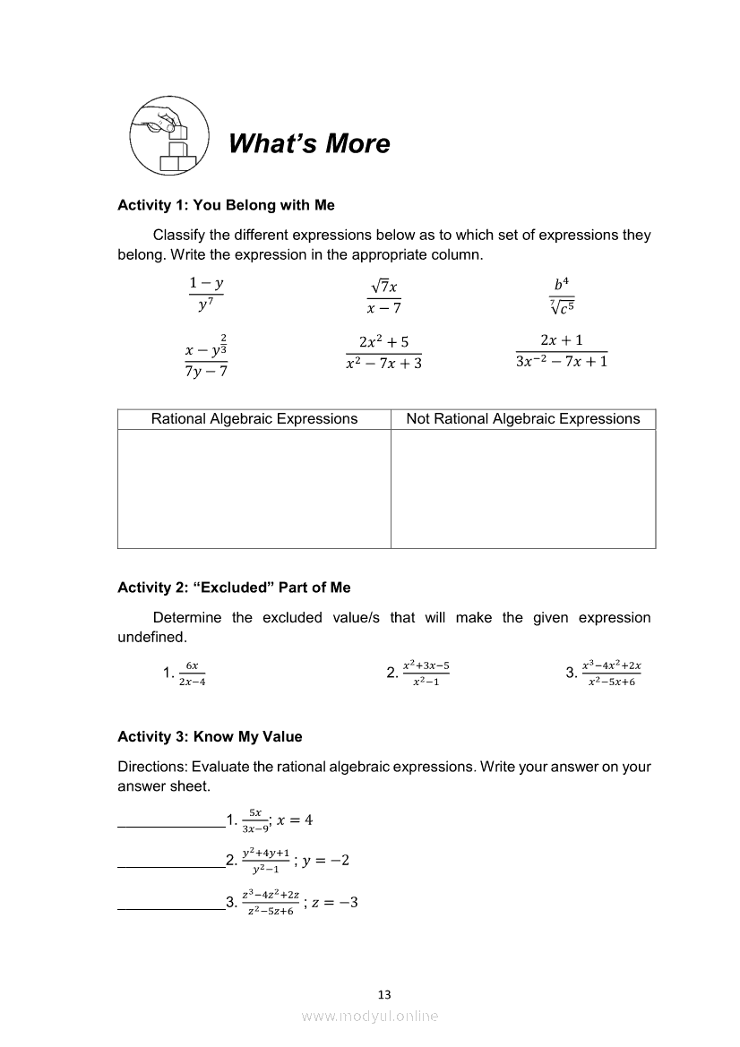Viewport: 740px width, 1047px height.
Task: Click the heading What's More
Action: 309,143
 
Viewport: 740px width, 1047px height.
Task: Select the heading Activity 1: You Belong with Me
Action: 226,205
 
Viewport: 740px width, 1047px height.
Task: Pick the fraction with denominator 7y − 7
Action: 205,357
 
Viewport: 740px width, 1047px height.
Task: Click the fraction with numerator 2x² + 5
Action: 383,352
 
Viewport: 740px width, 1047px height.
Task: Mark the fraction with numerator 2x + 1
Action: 562,351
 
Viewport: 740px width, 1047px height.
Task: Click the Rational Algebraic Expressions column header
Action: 254,419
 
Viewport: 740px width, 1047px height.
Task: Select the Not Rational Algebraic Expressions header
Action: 523,419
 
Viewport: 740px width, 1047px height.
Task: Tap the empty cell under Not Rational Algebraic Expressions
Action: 523,488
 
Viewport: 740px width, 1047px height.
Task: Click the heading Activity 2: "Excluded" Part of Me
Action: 234,588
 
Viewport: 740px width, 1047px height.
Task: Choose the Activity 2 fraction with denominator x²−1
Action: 426,674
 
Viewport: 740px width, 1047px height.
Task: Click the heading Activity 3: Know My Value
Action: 210,736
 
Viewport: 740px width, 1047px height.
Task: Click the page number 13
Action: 384,994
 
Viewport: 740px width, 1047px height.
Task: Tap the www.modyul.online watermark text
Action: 370,1016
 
